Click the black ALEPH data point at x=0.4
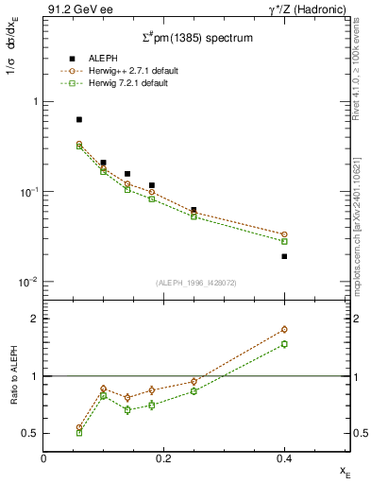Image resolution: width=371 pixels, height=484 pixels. [284, 256]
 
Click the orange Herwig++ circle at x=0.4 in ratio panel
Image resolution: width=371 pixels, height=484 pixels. [284, 330]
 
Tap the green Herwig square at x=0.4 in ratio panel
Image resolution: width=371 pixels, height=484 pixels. [284, 344]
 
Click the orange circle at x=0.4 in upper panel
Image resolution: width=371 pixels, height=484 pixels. [284, 234]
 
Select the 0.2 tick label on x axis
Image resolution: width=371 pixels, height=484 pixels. [164, 458]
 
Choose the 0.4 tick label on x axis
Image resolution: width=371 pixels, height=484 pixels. [284, 458]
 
